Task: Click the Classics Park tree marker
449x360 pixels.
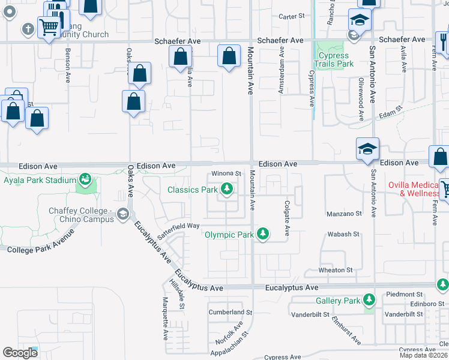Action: tap(226, 190)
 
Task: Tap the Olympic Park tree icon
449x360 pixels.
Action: tap(262, 235)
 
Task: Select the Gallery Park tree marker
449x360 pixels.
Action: tap(369, 300)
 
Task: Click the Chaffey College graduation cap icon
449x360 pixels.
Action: tap(123, 214)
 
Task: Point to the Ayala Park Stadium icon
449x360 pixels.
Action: tap(85, 179)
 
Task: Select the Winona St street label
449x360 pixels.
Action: tap(225, 174)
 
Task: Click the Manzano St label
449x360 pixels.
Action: tap(344, 214)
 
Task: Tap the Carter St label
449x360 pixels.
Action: tap(292, 17)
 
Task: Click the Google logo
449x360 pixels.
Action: tap(20, 353)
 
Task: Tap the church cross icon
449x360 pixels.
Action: tap(28, 28)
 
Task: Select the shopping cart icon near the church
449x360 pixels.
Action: tap(48, 26)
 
